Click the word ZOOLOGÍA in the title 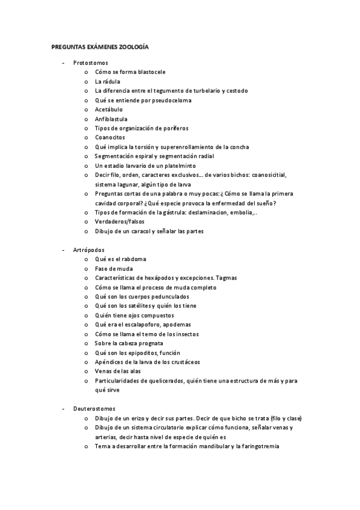tap(135, 46)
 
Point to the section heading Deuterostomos tap(93, 408)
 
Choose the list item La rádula tap(108, 81)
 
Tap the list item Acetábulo tap(109, 109)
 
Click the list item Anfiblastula tap(111, 119)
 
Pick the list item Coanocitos tap(110, 138)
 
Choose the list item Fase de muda tap(114, 268)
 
